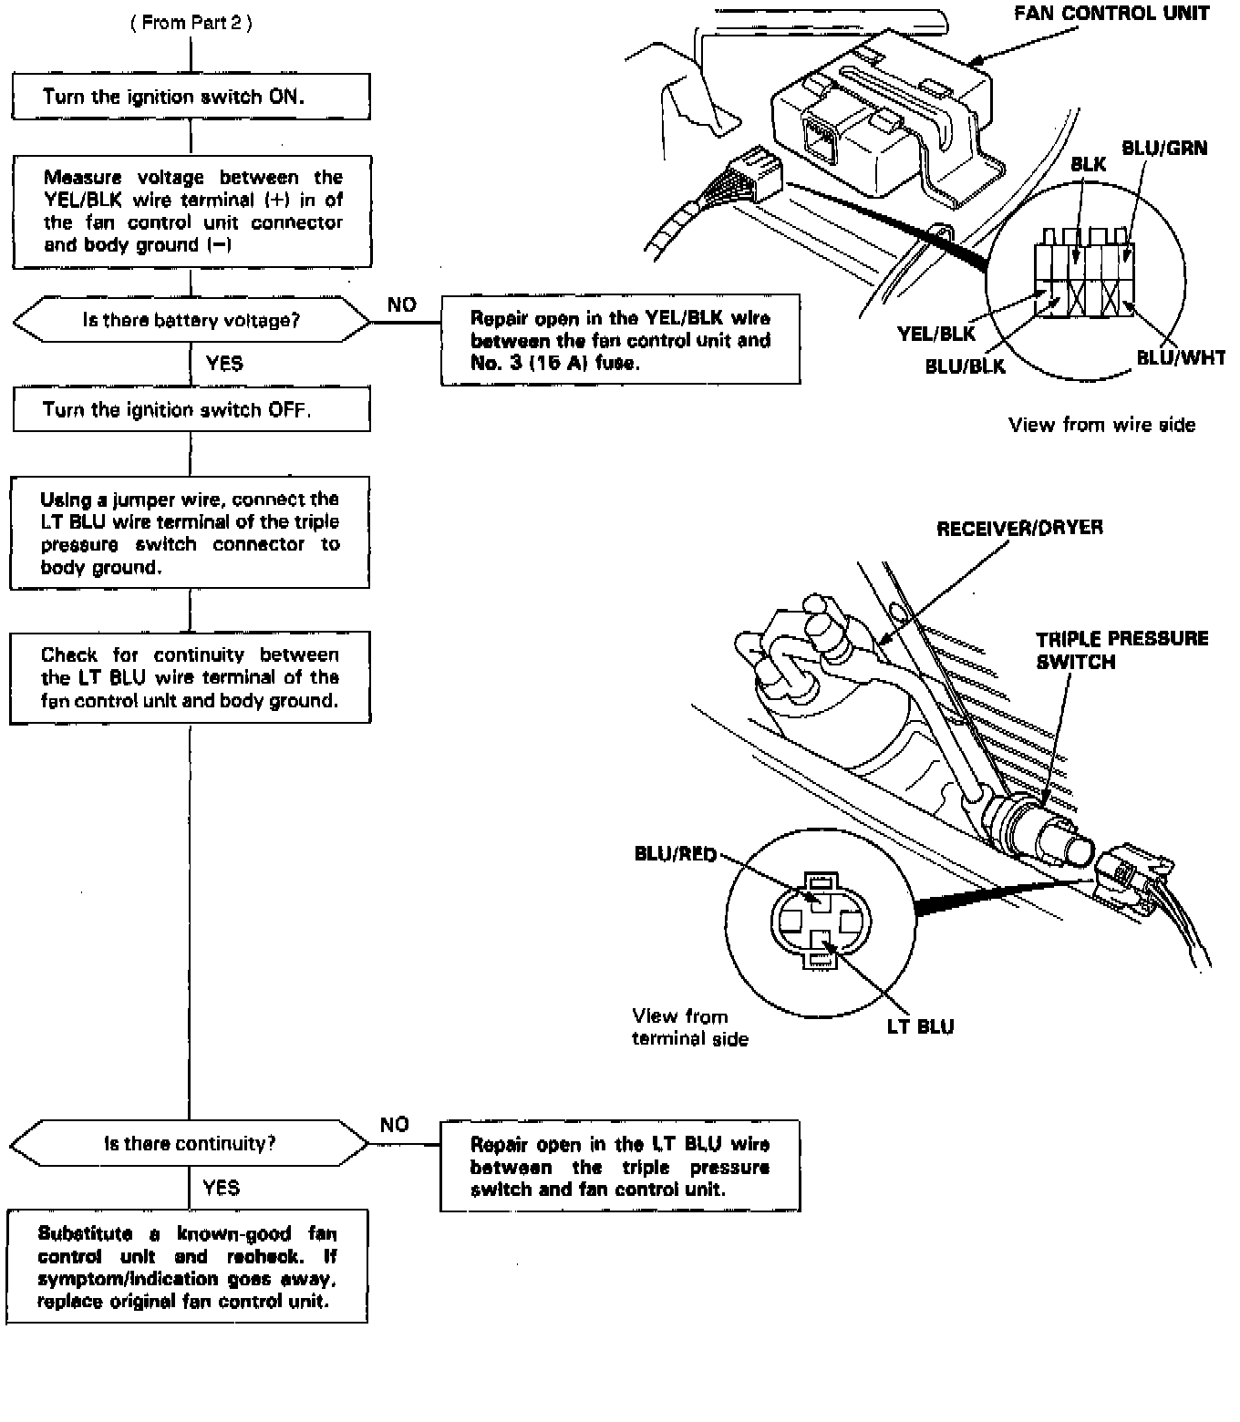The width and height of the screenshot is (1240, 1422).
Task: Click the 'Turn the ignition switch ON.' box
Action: coord(191,97)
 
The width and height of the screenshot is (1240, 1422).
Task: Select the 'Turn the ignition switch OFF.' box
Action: coord(191,409)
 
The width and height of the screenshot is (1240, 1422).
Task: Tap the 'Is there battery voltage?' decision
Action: coord(191,320)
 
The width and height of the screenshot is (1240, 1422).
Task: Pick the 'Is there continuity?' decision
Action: coord(189,1143)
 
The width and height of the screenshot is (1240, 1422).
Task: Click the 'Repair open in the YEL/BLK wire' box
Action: coord(620,340)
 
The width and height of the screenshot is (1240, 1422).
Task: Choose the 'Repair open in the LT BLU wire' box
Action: coord(619,1166)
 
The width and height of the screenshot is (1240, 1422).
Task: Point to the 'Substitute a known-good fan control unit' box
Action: coord(187,1266)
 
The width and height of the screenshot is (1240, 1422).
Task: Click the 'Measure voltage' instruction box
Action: coord(191,211)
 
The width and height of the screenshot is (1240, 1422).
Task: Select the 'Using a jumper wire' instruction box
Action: coord(190,532)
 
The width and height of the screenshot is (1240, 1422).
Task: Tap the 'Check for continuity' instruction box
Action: coord(190,677)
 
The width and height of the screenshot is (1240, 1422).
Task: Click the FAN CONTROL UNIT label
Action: coord(1111,14)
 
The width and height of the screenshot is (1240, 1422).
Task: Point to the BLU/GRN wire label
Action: coord(1163,148)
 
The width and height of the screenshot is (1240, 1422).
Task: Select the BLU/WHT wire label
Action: coord(1180,358)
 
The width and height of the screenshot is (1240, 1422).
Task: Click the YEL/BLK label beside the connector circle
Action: coord(935,334)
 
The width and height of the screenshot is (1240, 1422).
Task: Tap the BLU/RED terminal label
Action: coord(675,854)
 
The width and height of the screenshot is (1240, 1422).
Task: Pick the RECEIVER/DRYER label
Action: coord(1019,528)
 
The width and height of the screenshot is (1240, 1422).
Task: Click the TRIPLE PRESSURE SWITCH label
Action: coord(1121,650)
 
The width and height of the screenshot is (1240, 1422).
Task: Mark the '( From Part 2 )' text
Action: coord(191,23)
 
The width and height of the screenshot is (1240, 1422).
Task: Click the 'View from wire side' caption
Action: coord(1101,425)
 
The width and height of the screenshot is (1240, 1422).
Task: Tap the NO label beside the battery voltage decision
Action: coord(401,304)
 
